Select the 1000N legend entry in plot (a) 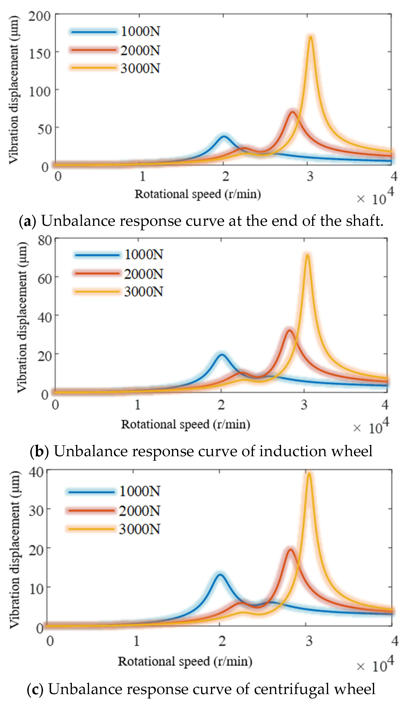pos(140,31)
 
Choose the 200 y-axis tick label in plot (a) pos(39,16)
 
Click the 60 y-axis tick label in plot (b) pos(45,278)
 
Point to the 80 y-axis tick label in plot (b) pos(45,240)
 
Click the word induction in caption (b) pos(293,451)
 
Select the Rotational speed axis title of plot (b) pos(186,424)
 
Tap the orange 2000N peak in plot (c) pos(290,550)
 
